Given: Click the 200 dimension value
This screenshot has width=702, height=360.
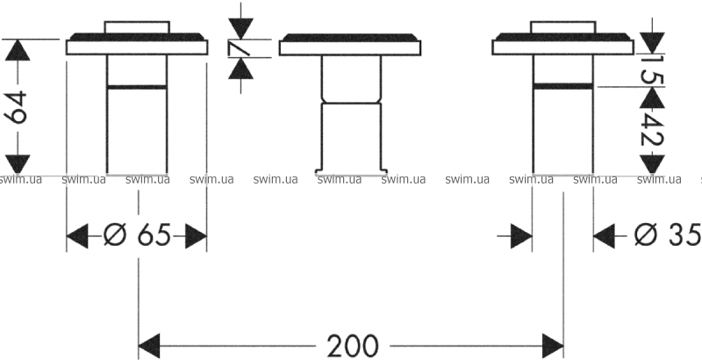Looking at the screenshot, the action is click(x=353, y=346).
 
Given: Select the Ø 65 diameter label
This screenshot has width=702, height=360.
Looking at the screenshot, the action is click(x=137, y=235).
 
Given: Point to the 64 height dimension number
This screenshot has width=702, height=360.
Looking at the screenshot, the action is click(x=17, y=107).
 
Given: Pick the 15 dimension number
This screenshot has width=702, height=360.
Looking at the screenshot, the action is click(x=651, y=69).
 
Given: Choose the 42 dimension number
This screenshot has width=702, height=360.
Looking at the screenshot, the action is click(x=651, y=129).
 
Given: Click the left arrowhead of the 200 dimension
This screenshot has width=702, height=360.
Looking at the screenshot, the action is click(x=149, y=346).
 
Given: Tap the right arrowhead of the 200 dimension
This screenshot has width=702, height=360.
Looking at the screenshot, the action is click(x=553, y=346).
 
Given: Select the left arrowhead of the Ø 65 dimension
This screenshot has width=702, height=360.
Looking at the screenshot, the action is click(x=77, y=237).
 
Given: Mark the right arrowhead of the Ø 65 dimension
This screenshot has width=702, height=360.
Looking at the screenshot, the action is click(x=196, y=237).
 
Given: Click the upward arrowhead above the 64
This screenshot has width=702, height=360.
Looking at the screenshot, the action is click(x=18, y=50).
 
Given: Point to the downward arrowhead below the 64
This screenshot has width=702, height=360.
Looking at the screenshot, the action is click(x=18, y=164).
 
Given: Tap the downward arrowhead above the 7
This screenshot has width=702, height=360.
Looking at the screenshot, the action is click(x=240, y=29).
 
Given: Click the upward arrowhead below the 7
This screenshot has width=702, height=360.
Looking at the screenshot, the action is click(x=240, y=68).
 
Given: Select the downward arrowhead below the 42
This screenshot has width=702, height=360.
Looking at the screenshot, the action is click(x=652, y=164).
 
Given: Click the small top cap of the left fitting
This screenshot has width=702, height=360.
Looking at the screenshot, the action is click(x=137, y=27).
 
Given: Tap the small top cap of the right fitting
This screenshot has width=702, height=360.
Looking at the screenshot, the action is click(x=562, y=27).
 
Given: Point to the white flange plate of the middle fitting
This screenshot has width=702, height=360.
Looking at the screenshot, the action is click(x=349, y=48).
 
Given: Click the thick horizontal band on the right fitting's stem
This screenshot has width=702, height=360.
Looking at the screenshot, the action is click(x=562, y=86).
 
